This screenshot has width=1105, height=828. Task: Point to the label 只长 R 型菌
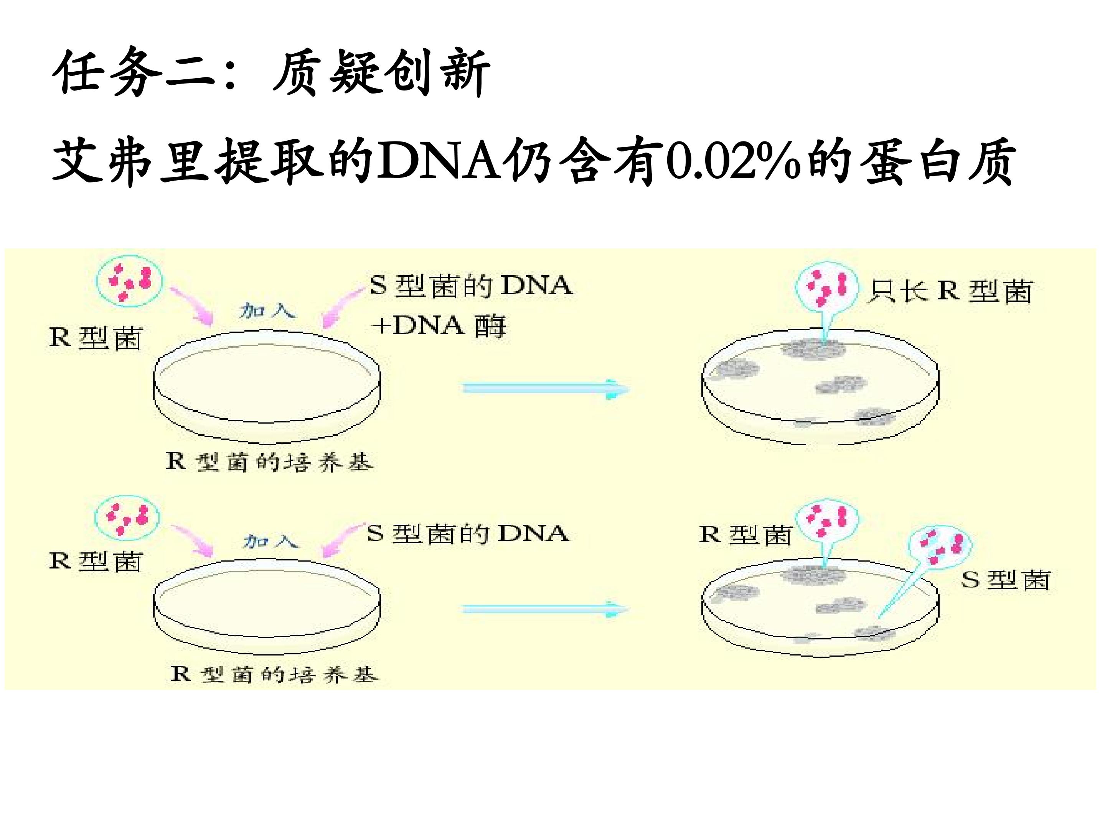click(950, 291)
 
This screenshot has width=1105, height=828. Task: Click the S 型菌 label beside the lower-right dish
click(1006, 580)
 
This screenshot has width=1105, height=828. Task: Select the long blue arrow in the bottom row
click(544, 609)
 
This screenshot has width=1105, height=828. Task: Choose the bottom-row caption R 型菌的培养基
click(274, 674)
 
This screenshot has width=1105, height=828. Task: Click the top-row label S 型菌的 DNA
click(470, 286)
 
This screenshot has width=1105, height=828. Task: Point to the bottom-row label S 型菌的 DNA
click(468, 534)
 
